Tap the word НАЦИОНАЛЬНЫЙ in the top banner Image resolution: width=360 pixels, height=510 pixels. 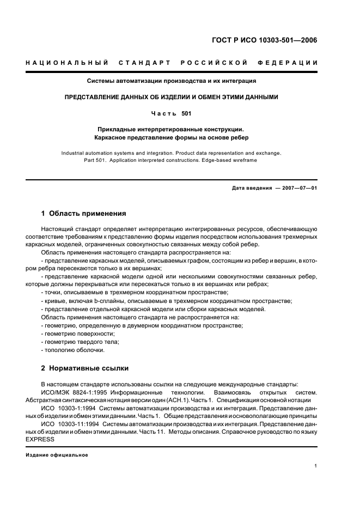(x=67, y=63)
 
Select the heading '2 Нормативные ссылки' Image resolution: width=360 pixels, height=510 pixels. (x=85, y=368)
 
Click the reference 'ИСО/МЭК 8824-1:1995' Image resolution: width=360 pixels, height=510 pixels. (x=74, y=392)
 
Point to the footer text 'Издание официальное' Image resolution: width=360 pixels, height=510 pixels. (x=57, y=456)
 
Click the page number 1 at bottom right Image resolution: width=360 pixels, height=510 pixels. (x=316, y=466)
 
